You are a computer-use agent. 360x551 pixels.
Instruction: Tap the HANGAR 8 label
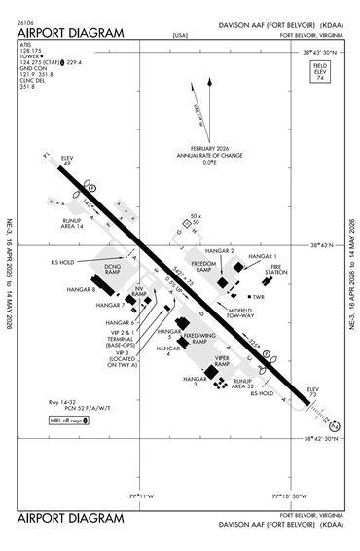click(80, 289)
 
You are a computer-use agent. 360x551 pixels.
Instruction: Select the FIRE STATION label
click(278, 270)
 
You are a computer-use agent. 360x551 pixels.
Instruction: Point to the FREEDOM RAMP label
click(203, 267)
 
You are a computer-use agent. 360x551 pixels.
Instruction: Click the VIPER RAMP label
click(227, 361)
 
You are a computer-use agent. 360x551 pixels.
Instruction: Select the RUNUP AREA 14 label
click(70, 224)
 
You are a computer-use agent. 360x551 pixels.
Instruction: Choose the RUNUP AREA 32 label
click(243, 384)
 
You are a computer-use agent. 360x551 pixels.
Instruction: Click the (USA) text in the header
click(179, 35)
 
